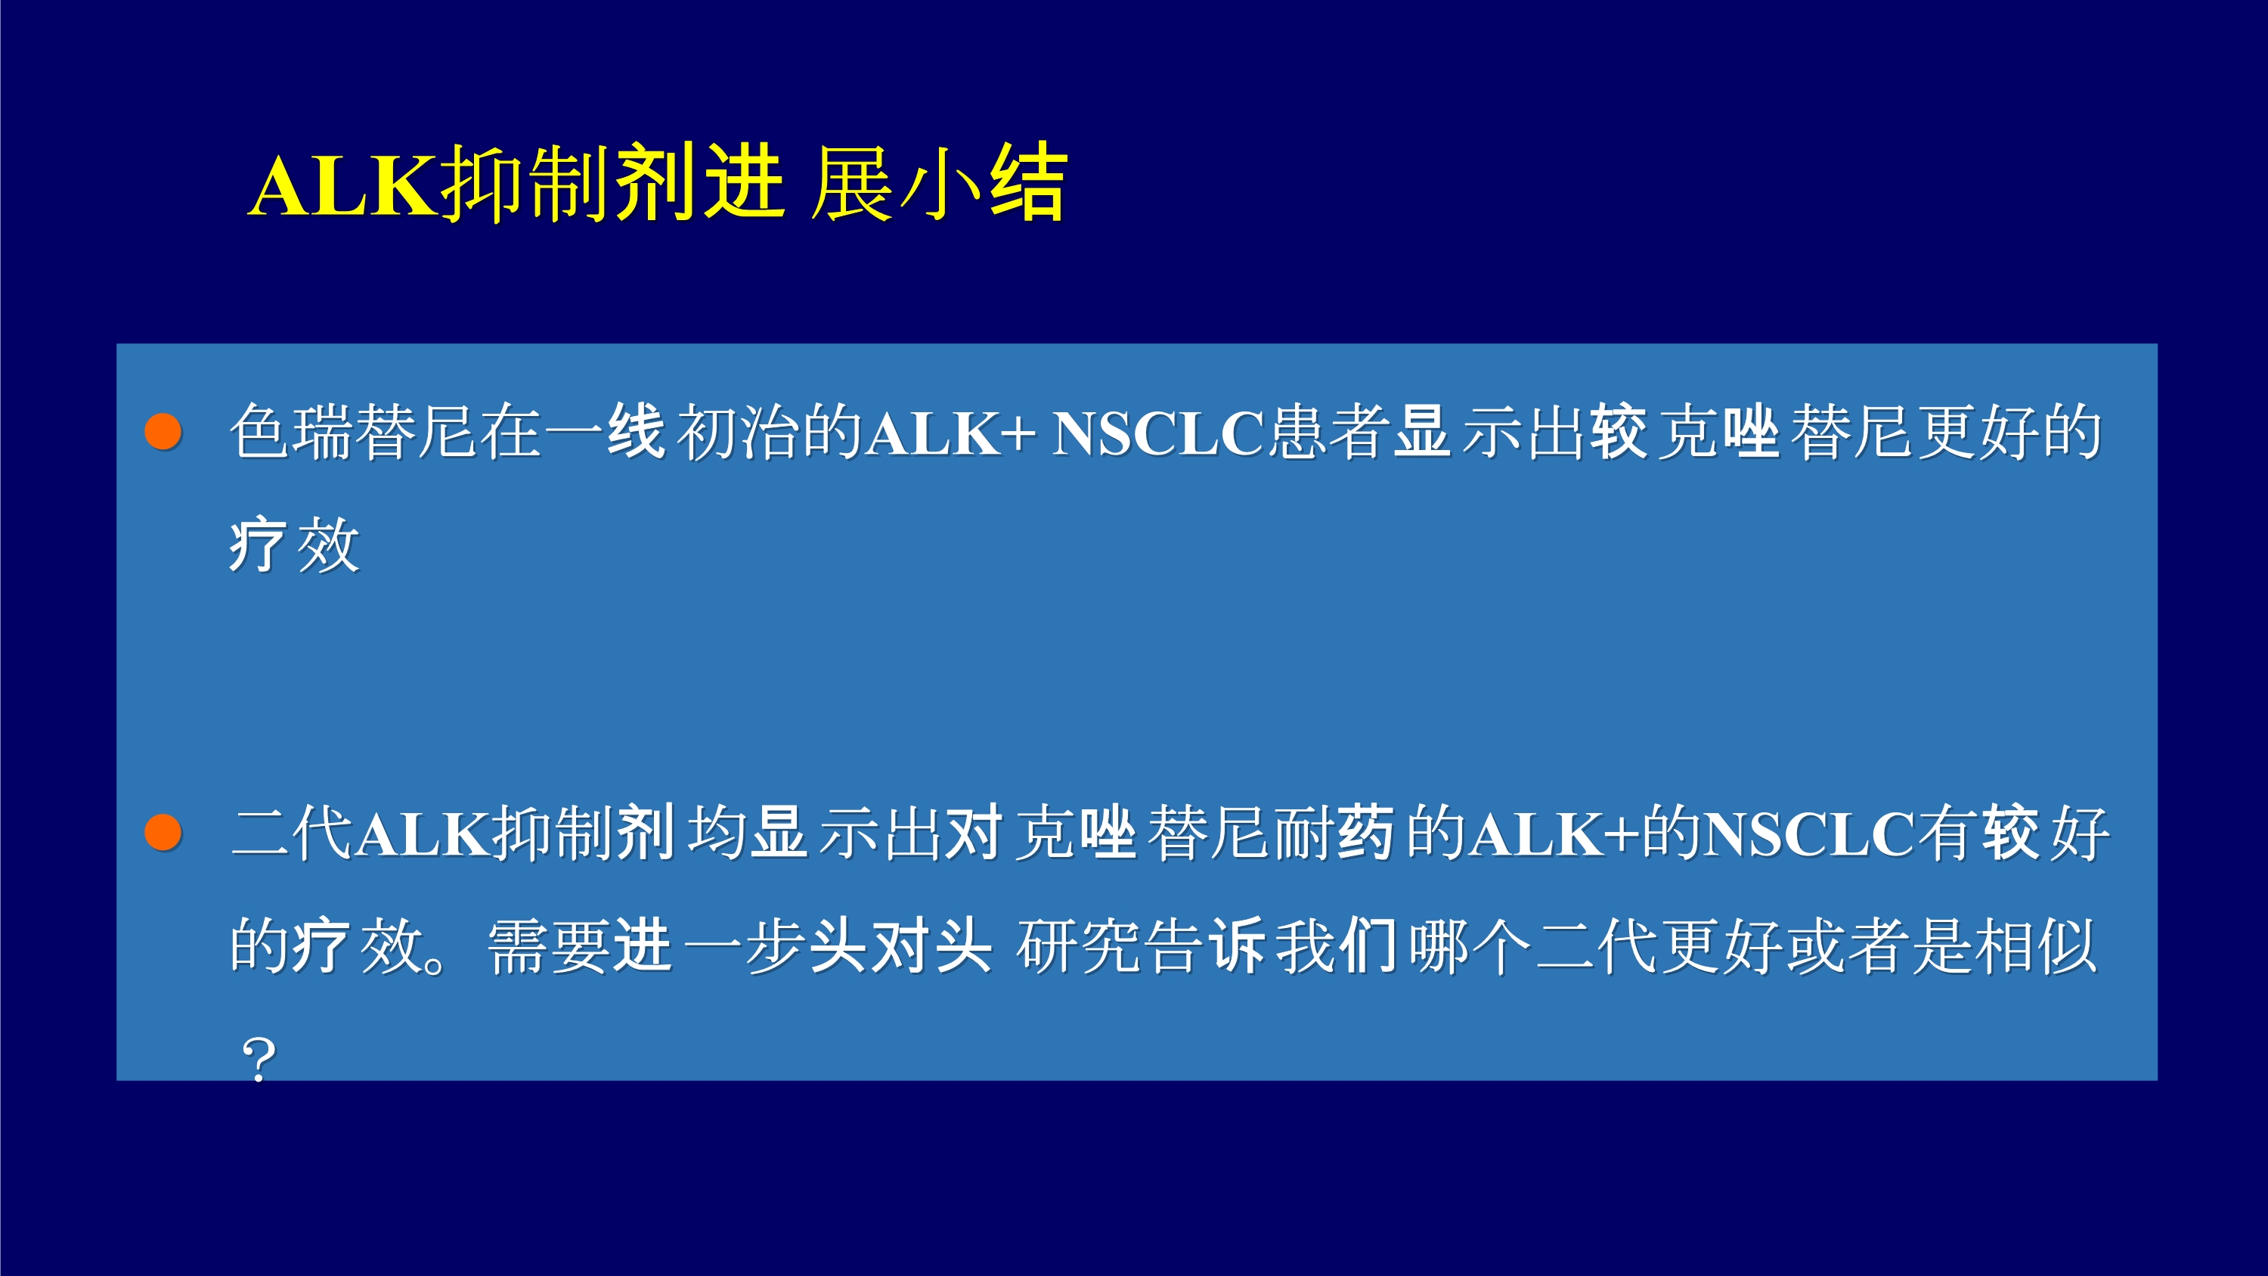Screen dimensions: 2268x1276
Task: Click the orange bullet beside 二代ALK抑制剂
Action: point(163,832)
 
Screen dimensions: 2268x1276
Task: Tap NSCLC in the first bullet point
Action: point(1157,433)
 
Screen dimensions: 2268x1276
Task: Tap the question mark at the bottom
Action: point(259,1060)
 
